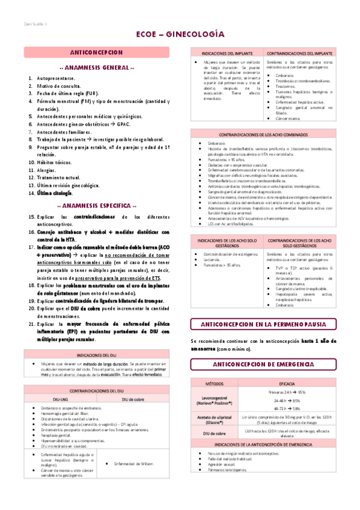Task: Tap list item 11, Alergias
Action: pyautogui.click(x=49, y=171)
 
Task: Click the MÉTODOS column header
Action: pyautogui.click(x=215, y=382)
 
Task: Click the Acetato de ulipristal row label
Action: pyautogui.click(x=215, y=419)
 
